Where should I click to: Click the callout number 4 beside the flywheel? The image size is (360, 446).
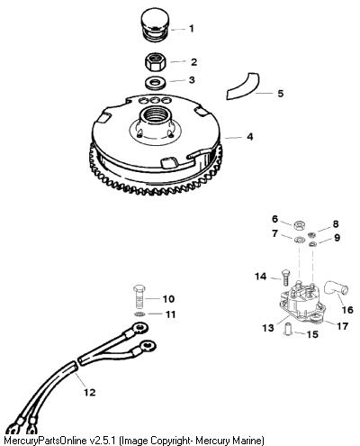(249, 137)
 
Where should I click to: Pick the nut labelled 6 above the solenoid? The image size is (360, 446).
(299, 225)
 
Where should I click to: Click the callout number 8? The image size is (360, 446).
(336, 223)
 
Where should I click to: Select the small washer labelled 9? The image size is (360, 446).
(313, 243)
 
